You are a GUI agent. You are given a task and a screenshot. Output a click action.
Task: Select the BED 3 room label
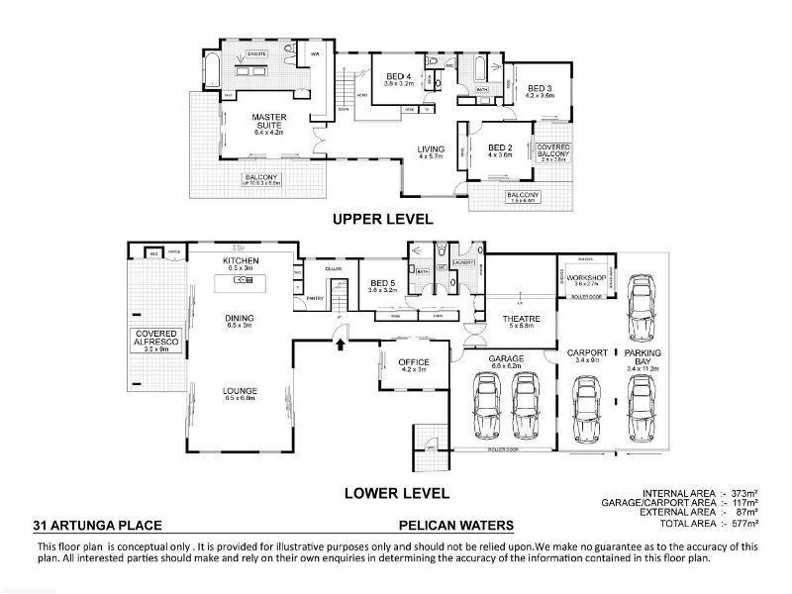point(541,87)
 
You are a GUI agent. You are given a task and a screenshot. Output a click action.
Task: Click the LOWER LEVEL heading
point(396,492)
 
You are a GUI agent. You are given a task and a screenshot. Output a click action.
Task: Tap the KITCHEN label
point(242,260)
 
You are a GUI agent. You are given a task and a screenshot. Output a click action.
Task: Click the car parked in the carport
point(587,409)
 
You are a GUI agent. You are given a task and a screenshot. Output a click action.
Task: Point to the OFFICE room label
point(413,362)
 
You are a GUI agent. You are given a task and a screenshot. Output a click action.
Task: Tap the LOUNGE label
point(241,391)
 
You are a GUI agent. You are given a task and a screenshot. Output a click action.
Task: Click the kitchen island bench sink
point(242,280)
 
